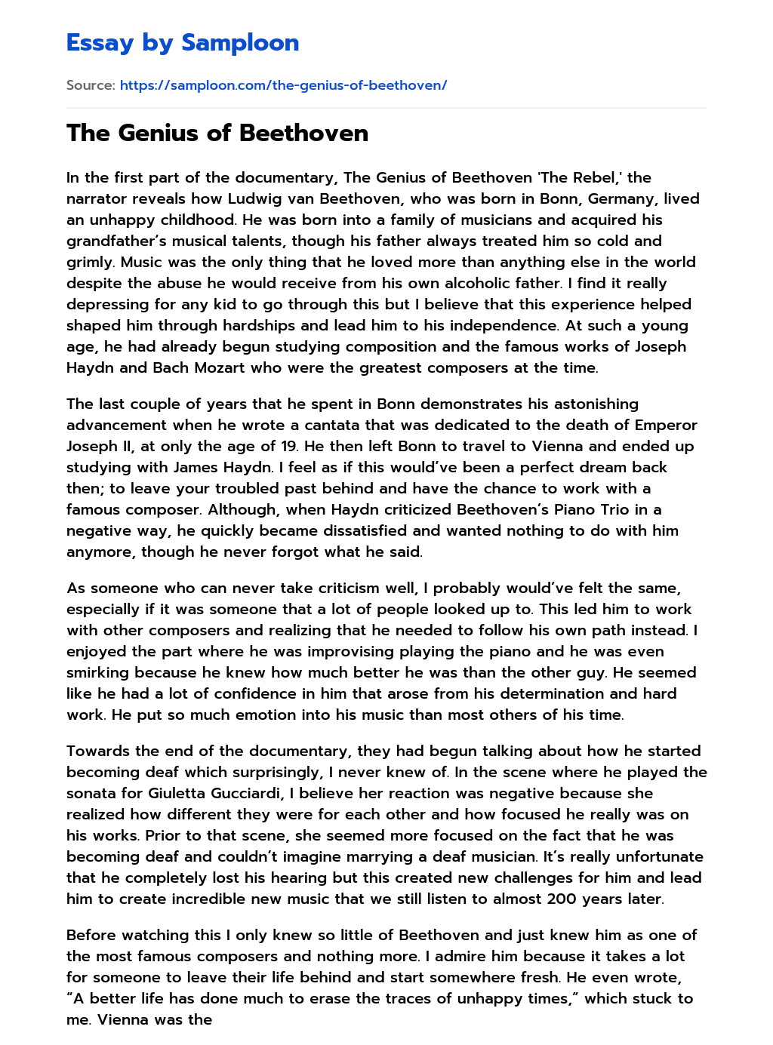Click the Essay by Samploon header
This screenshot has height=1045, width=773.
tap(183, 42)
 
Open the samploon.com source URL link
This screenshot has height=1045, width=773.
tap(283, 85)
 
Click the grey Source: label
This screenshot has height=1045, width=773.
tap(91, 85)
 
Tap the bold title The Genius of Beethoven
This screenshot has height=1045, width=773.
tap(217, 133)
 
